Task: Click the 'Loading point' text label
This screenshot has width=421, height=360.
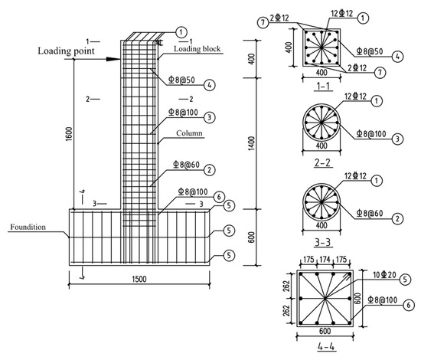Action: pyautogui.click(x=66, y=51)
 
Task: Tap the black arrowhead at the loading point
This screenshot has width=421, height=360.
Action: pyautogui.click(x=113, y=59)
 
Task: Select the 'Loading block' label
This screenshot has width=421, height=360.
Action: pyautogui.click(x=197, y=49)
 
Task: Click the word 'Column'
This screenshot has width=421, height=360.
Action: pyautogui.click(x=189, y=133)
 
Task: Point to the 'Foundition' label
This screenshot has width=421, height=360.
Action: pyautogui.click(x=28, y=227)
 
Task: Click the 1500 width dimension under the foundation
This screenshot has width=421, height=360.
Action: pyautogui.click(x=139, y=279)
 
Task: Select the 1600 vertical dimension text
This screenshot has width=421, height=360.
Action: pyautogui.click(x=69, y=134)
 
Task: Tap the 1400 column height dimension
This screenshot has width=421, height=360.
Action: pyautogui.click(x=252, y=143)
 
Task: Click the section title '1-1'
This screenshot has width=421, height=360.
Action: pyautogui.click(x=323, y=87)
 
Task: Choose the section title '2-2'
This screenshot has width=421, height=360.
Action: pyautogui.click(x=322, y=163)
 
